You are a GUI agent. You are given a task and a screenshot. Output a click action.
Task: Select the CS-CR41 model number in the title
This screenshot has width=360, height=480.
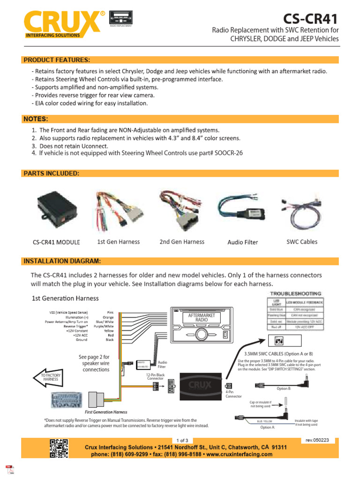tap(310, 19)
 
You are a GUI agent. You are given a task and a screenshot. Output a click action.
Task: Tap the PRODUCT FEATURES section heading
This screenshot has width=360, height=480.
tap(56, 60)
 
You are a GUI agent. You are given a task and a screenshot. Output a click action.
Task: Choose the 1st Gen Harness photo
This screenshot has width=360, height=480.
tap(118, 208)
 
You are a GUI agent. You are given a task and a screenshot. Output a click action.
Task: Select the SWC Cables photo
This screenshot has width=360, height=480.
tap(301, 209)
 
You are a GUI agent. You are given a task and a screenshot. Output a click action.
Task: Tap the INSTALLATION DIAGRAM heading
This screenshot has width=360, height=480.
tap(62, 261)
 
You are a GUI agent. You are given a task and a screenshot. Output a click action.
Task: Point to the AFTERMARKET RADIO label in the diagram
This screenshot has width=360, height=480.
tap(201, 318)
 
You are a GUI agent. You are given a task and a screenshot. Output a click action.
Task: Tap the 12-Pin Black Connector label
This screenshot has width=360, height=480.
tap(155, 376)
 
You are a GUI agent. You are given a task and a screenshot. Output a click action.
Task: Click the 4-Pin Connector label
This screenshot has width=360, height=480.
tap(233, 394)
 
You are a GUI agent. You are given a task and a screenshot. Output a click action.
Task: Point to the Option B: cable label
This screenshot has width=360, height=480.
tap(284, 388)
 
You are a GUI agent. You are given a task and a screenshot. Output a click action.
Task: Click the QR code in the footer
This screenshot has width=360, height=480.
tap(59, 448)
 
